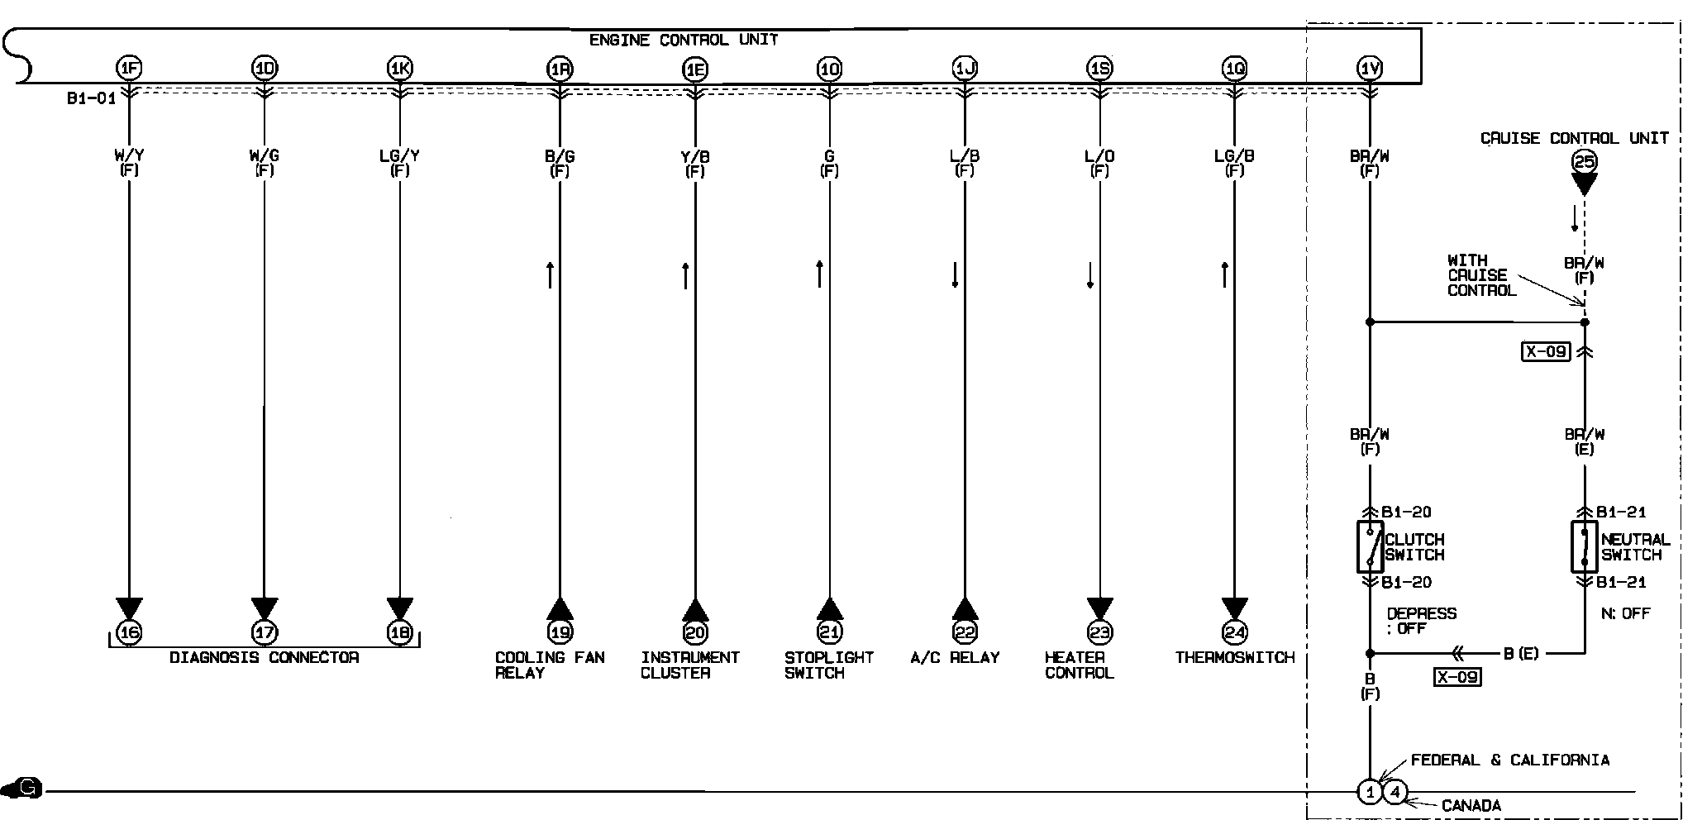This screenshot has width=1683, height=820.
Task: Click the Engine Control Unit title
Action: (x=683, y=40)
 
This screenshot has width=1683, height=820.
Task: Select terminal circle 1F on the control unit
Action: (x=129, y=69)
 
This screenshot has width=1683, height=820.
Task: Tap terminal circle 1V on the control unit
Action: (x=1370, y=69)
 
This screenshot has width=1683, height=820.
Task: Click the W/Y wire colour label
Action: (x=129, y=155)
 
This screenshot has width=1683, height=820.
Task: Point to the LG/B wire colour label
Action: (x=1234, y=155)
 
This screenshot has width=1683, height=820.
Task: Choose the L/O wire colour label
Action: (x=1099, y=155)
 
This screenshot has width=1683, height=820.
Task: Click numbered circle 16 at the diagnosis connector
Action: (x=129, y=633)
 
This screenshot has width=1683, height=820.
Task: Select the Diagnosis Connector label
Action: (x=265, y=658)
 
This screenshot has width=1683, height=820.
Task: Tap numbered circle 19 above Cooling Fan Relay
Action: (x=560, y=633)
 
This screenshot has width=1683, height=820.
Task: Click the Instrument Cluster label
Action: (x=689, y=665)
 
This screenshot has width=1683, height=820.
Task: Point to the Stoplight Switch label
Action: (x=828, y=665)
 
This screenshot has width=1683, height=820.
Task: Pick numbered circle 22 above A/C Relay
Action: (x=965, y=633)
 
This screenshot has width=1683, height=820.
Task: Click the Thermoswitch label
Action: (x=1234, y=658)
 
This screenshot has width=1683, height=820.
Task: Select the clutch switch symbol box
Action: (x=1370, y=546)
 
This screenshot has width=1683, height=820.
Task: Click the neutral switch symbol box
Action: (x=1584, y=546)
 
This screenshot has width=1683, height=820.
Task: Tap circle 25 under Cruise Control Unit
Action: (x=1584, y=161)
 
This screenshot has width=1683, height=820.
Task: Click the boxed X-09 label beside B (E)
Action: (x=1457, y=677)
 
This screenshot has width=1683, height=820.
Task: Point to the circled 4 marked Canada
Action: (x=1395, y=793)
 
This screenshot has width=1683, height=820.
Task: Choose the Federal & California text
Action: (x=1509, y=760)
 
